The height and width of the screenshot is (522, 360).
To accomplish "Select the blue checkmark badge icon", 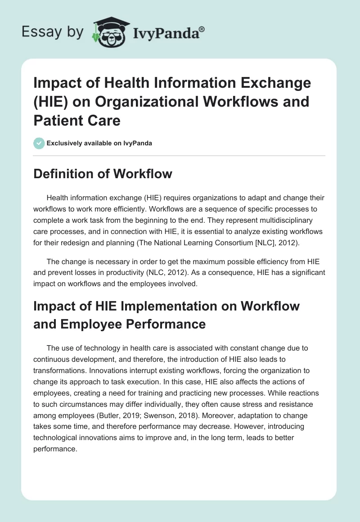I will [x=39, y=143].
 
